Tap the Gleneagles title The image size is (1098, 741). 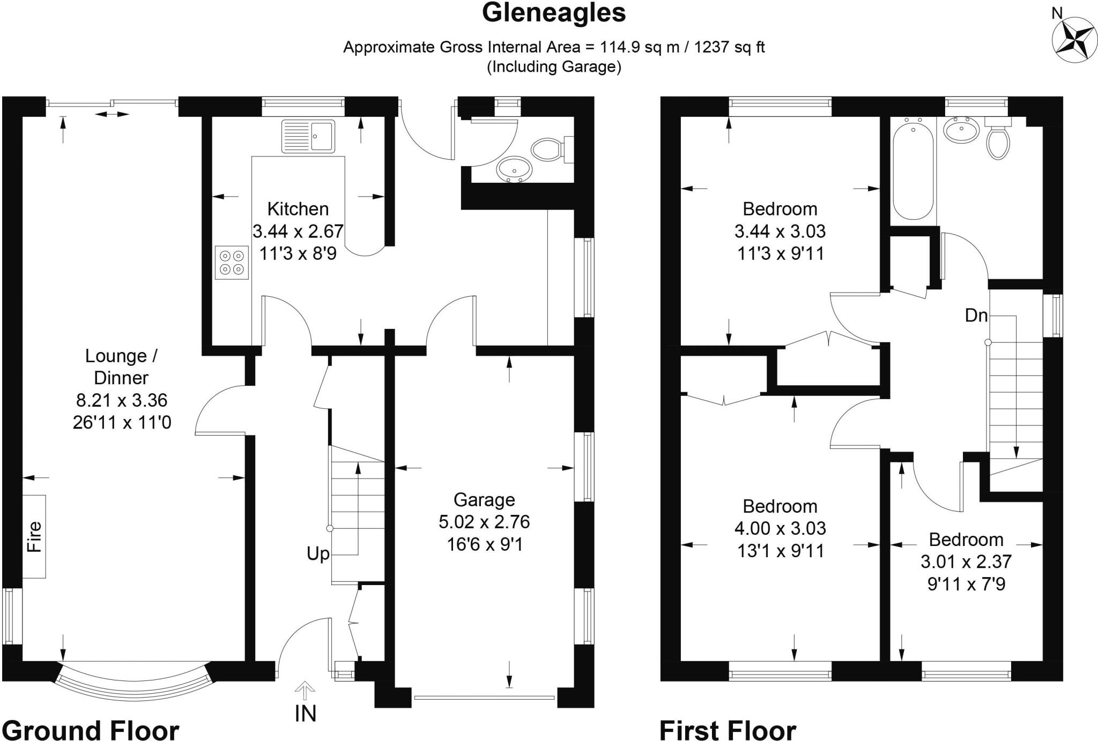point(554,13)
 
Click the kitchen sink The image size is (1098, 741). point(308,136)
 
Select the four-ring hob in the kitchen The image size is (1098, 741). point(232,263)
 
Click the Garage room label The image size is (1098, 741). point(484,499)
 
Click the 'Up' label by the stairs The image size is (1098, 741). point(318,553)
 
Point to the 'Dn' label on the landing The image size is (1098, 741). point(976,316)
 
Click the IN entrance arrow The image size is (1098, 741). point(305,691)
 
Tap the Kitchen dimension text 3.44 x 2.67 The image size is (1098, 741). point(298,231)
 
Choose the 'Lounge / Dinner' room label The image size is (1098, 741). point(121,367)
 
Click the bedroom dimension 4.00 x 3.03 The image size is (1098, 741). point(780,528)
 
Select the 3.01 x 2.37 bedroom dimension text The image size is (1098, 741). point(966,562)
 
